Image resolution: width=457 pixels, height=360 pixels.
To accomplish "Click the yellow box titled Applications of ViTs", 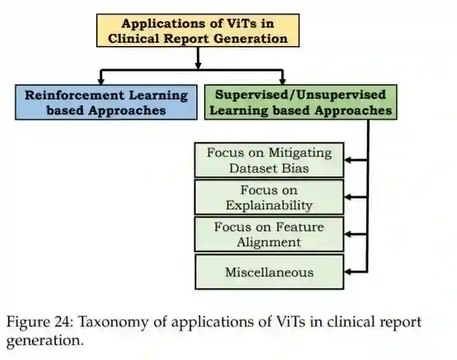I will (x=198, y=30).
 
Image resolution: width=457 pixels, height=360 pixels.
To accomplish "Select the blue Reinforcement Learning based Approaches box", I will (x=106, y=102).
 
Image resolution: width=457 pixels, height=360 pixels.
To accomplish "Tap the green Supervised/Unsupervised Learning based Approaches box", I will (x=300, y=102).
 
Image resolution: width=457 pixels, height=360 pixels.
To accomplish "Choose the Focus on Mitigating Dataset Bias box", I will (x=269, y=160).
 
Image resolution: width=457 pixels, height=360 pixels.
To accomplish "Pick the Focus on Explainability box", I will (x=269, y=197).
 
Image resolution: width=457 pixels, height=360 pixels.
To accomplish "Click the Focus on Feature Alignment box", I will (x=269, y=234).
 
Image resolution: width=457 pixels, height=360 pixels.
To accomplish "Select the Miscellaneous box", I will (x=269, y=271).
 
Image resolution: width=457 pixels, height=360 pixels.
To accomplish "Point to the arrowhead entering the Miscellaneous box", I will (x=349, y=271).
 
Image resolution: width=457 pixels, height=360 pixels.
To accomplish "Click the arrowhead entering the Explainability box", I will (x=349, y=197).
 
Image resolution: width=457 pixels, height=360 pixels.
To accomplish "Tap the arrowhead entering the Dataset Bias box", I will (x=349, y=160).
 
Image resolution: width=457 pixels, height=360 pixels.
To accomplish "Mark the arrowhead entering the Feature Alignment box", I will (x=349, y=234).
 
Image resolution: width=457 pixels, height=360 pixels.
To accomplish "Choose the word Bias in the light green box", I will (x=295, y=168).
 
